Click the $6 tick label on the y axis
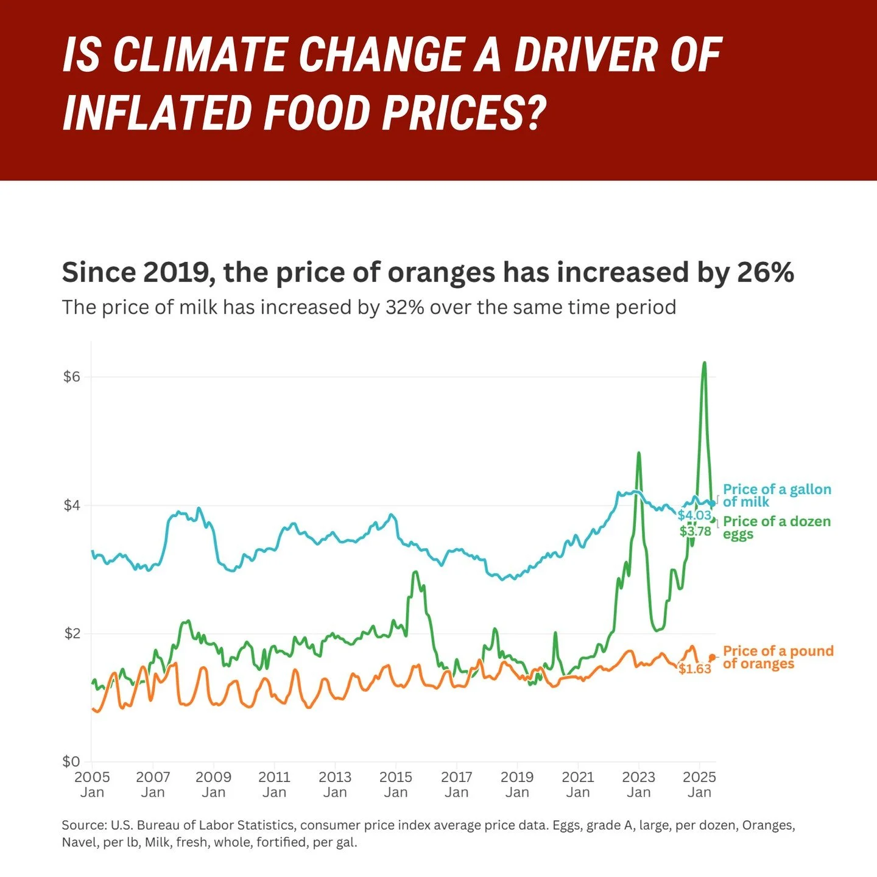click(72, 376)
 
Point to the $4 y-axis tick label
click(72, 505)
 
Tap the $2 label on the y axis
click(72, 633)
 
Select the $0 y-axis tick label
click(72, 761)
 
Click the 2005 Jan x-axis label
click(92, 784)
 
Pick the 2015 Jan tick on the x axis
click(396, 784)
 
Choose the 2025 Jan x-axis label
click(699, 784)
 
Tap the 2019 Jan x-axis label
click(517, 784)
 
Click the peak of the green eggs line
click(704, 363)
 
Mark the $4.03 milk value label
click(694, 515)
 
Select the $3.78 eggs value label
click(695, 531)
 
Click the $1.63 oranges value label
click(695, 669)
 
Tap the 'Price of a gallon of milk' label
click(777, 496)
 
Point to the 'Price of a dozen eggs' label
click(777, 527)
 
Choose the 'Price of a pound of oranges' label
click(778, 657)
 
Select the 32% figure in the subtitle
click(404, 307)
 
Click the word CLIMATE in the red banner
click(200, 55)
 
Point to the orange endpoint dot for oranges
click(712, 658)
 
